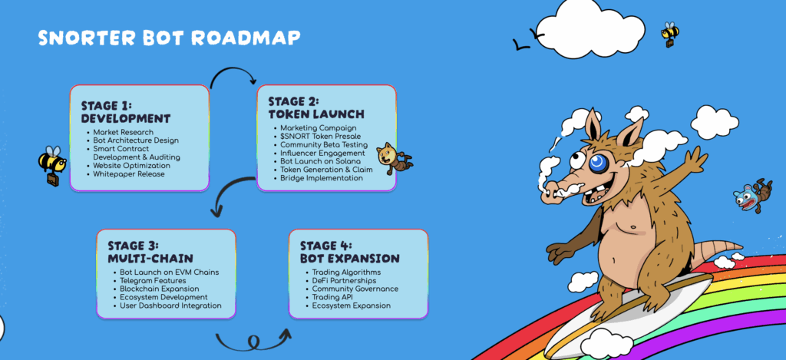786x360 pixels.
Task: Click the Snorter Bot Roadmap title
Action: point(170,38)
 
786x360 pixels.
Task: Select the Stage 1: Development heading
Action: point(126,112)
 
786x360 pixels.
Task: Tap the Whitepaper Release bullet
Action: point(129,174)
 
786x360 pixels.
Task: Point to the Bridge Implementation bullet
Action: point(322,178)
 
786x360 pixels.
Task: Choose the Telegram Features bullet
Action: point(153,281)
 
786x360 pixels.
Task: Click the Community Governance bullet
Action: point(355,289)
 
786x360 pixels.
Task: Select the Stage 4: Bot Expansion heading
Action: point(349,253)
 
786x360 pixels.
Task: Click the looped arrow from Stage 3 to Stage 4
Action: point(253,342)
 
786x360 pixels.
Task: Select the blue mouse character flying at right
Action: point(753,194)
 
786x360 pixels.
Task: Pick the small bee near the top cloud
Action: point(670,34)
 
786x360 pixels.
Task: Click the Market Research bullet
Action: point(124,132)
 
